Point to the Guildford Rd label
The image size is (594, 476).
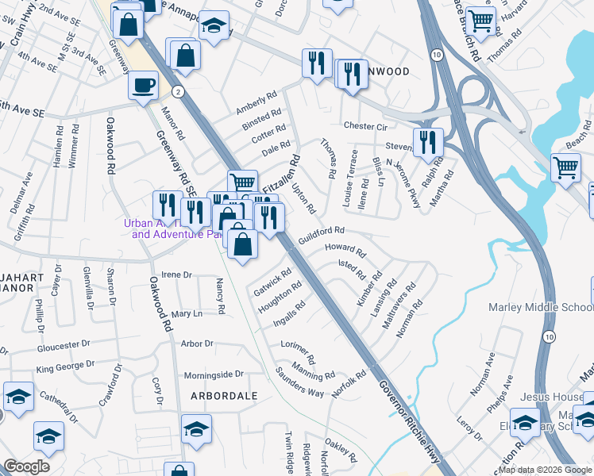(321, 233)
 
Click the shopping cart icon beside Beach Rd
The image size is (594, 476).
(565, 167)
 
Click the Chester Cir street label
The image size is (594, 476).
(364, 126)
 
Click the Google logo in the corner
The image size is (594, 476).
(26, 466)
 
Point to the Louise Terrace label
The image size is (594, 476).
(350, 178)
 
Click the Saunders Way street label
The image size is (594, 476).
(299, 382)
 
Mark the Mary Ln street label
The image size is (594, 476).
(187, 314)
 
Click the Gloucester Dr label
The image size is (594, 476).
(64, 347)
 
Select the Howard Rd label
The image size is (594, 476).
(345, 251)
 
